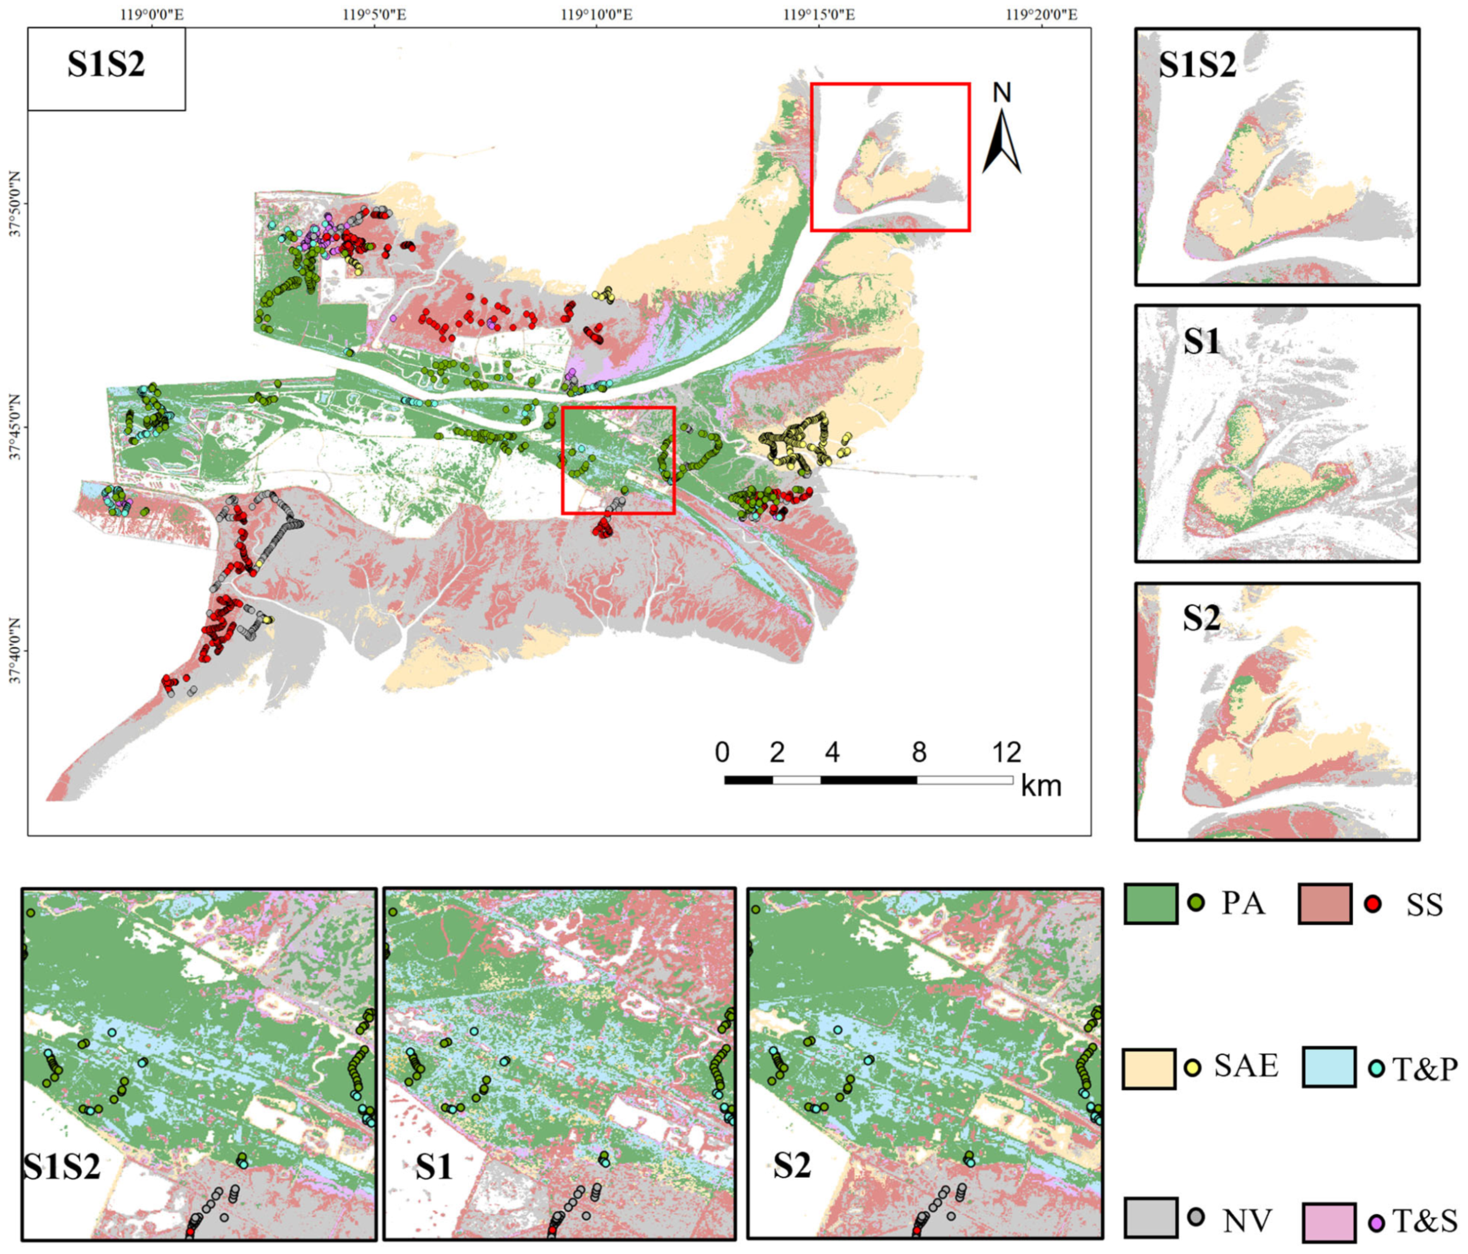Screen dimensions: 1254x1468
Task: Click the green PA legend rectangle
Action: pos(1151,904)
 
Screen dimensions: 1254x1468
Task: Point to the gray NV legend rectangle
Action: pos(1151,1217)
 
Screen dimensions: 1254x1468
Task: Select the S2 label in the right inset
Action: pos(1202,619)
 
